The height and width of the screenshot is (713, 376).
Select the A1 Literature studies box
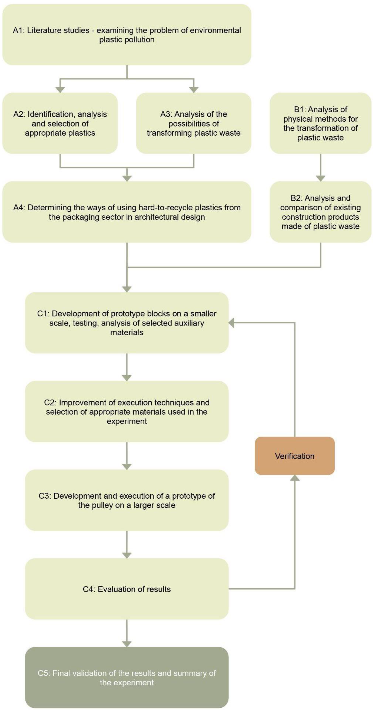coord(127,35)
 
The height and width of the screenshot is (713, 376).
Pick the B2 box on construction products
coord(320,212)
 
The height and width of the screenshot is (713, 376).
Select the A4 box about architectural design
coord(127,212)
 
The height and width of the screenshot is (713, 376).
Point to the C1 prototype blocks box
coord(127,323)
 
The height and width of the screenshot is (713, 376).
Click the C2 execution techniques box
coord(127,412)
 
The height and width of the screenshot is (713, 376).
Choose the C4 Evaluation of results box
coord(127,589)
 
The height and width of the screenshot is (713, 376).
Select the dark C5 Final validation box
coord(127,678)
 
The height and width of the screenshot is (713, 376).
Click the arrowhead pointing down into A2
coord(60,89)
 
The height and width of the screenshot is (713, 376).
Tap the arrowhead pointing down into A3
coord(194,89)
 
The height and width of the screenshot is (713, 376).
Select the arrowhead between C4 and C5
coord(127,644)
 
